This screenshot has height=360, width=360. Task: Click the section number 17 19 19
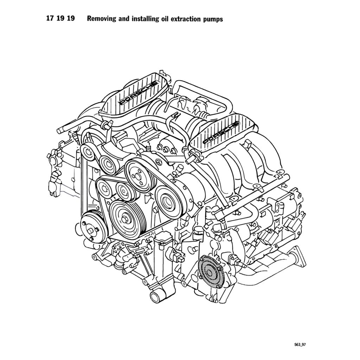[60, 19]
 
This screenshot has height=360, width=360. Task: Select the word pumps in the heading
[213, 19]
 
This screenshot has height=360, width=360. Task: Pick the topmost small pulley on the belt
[88, 152]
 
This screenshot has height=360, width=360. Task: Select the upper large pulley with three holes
[138, 174]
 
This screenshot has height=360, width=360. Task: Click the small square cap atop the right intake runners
[247, 144]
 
